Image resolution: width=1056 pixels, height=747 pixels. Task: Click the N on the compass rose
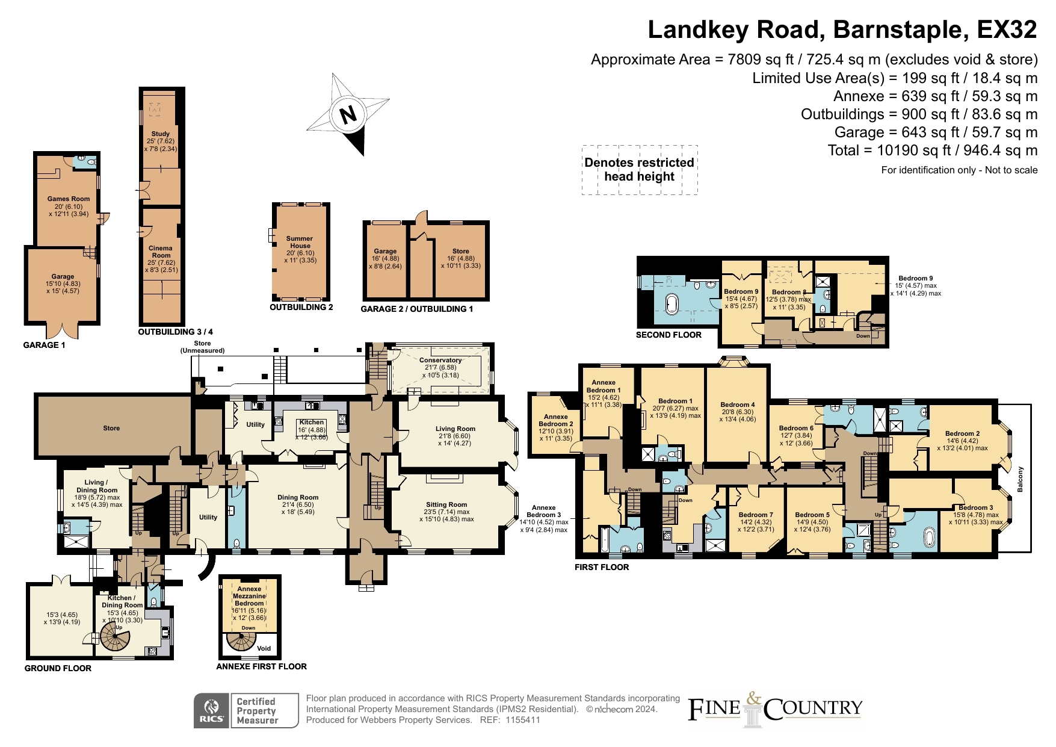click(x=348, y=114)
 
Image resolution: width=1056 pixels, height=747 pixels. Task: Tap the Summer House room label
click(x=300, y=242)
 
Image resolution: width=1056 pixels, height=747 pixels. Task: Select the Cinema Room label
click(x=161, y=252)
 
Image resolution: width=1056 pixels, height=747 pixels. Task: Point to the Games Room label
click(x=69, y=199)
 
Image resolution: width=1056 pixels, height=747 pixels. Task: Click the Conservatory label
click(x=440, y=360)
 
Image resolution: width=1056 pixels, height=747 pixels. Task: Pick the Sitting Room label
click(x=446, y=505)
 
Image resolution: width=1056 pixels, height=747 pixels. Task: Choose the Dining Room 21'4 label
click(x=298, y=497)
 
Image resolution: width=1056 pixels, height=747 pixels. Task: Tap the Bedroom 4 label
click(x=738, y=404)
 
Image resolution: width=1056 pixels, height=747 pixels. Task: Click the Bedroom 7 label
click(x=756, y=515)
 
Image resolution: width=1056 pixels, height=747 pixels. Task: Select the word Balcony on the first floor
click(x=1020, y=479)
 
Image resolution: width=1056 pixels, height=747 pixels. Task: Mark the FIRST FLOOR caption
click(x=602, y=567)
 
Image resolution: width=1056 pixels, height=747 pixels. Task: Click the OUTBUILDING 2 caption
click(x=301, y=307)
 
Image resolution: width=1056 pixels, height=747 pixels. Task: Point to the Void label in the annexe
click(x=264, y=648)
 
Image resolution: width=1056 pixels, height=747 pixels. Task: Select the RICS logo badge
click(x=212, y=711)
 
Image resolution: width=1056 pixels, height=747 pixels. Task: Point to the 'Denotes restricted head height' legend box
click(x=640, y=170)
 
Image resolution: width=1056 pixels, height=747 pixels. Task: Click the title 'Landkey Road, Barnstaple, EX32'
click(x=842, y=29)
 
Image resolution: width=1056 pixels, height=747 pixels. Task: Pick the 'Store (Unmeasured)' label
click(x=202, y=347)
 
